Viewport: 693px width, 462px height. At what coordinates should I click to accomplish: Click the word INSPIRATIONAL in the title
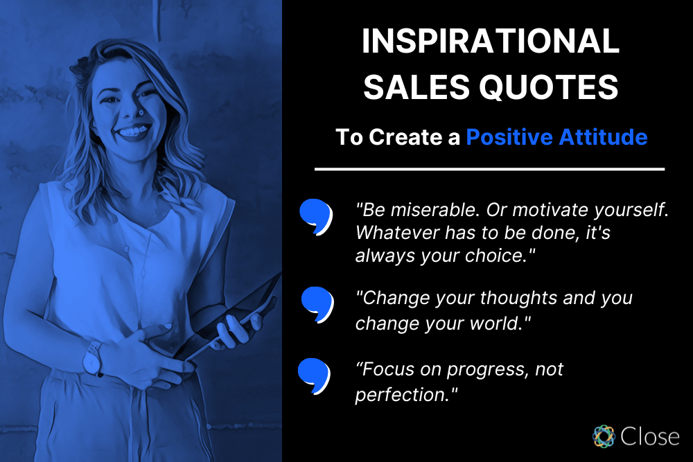click(490, 42)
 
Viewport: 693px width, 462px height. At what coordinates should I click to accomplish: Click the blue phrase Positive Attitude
click(556, 137)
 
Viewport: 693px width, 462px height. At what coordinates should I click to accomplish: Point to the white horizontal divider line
click(489, 168)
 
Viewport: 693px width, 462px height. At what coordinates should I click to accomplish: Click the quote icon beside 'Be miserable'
click(315, 216)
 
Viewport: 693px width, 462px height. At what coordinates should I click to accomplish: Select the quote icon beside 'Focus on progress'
click(313, 374)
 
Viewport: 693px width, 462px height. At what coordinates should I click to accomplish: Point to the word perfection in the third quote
click(400, 395)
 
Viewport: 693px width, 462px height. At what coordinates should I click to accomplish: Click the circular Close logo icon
click(604, 436)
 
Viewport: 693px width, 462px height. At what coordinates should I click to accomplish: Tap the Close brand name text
click(649, 436)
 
